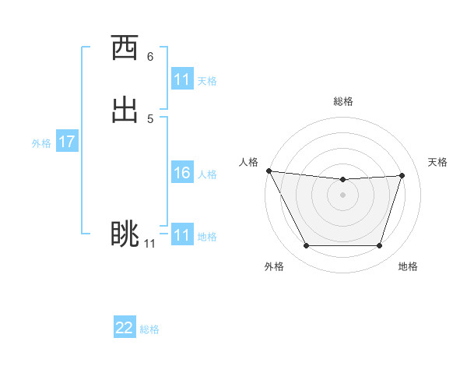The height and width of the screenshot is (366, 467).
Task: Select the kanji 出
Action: tap(125, 110)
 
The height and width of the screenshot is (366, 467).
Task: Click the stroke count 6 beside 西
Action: tap(150, 57)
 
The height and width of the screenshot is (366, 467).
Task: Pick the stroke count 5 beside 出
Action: tap(150, 118)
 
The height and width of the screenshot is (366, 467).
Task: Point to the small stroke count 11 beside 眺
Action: tap(149, 244)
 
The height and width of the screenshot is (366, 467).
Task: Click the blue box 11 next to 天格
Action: tap(182, 79)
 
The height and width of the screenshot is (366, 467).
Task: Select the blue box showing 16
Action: tap(182, 174)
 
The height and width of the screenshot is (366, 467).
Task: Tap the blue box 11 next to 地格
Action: tap(182, 235)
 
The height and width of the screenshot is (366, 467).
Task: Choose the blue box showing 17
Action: tap(67, 142)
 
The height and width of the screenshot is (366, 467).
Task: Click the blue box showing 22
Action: tap(125, 328)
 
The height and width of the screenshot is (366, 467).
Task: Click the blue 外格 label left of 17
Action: tap(41, 143)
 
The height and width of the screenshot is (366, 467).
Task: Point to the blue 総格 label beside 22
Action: tap(149, 329)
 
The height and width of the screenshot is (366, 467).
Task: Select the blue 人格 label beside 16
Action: tap(208, 174)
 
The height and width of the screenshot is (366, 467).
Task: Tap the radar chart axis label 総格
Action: tap(343, 101)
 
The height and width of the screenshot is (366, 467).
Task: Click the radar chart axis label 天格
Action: tap(438, 162)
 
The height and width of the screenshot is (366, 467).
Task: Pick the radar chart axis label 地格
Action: tap(408, 266)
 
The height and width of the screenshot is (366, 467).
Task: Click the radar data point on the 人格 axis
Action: tap(269, 171)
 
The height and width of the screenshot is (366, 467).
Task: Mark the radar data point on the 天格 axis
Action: tap(402, 175)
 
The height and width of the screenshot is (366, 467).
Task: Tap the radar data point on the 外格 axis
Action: tap(306, 246)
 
